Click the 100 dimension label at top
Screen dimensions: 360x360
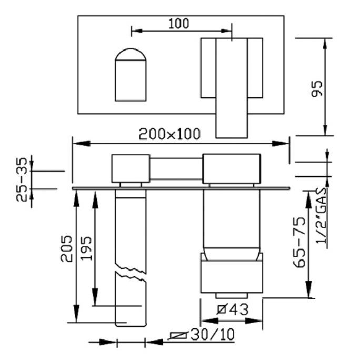pyautogui.click(x=179, y=24)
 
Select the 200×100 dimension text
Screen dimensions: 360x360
pyautogui.click(x=169, y=134)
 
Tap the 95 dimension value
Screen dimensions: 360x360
pyautogui.click(x=317, y=89)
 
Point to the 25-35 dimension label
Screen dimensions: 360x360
pyautogui.click(x=22, y=179)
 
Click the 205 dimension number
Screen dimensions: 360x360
pyautogui.click(x=66, y=248)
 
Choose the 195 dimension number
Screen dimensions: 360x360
pyautogui.click(x=86, y=248)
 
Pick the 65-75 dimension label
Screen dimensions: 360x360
pyautogui.click(x=300, y=243)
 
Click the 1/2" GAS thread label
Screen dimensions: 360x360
pyautogui.click(x=321, y=216)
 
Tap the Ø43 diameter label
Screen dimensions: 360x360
pyautogui.click(x=233, y=309)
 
